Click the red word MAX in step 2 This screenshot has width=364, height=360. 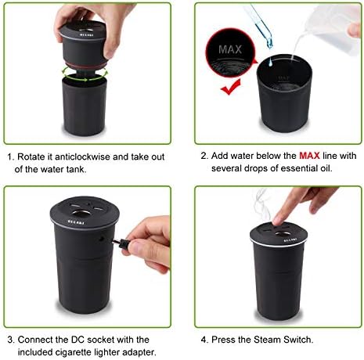coord(309,156)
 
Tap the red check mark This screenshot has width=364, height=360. coord(231,87)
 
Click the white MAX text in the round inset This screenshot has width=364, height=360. coord(230,49)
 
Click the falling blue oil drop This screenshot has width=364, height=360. coord(270,62)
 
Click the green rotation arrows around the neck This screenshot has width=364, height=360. coord(85,74)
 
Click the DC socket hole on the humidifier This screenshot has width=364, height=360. coord(102,238)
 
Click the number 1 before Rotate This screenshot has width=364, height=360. coord(10,157)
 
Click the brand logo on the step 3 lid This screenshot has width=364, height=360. coord(76,222)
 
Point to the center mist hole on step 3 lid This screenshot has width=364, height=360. coord(81,214)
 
